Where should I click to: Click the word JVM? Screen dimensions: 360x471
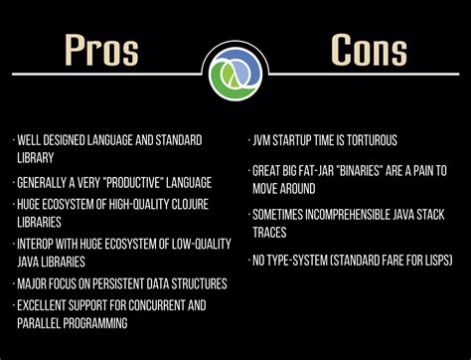[264, 140]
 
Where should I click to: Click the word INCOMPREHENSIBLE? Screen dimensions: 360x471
[347, 213]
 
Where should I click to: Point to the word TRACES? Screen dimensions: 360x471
[271, 232]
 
